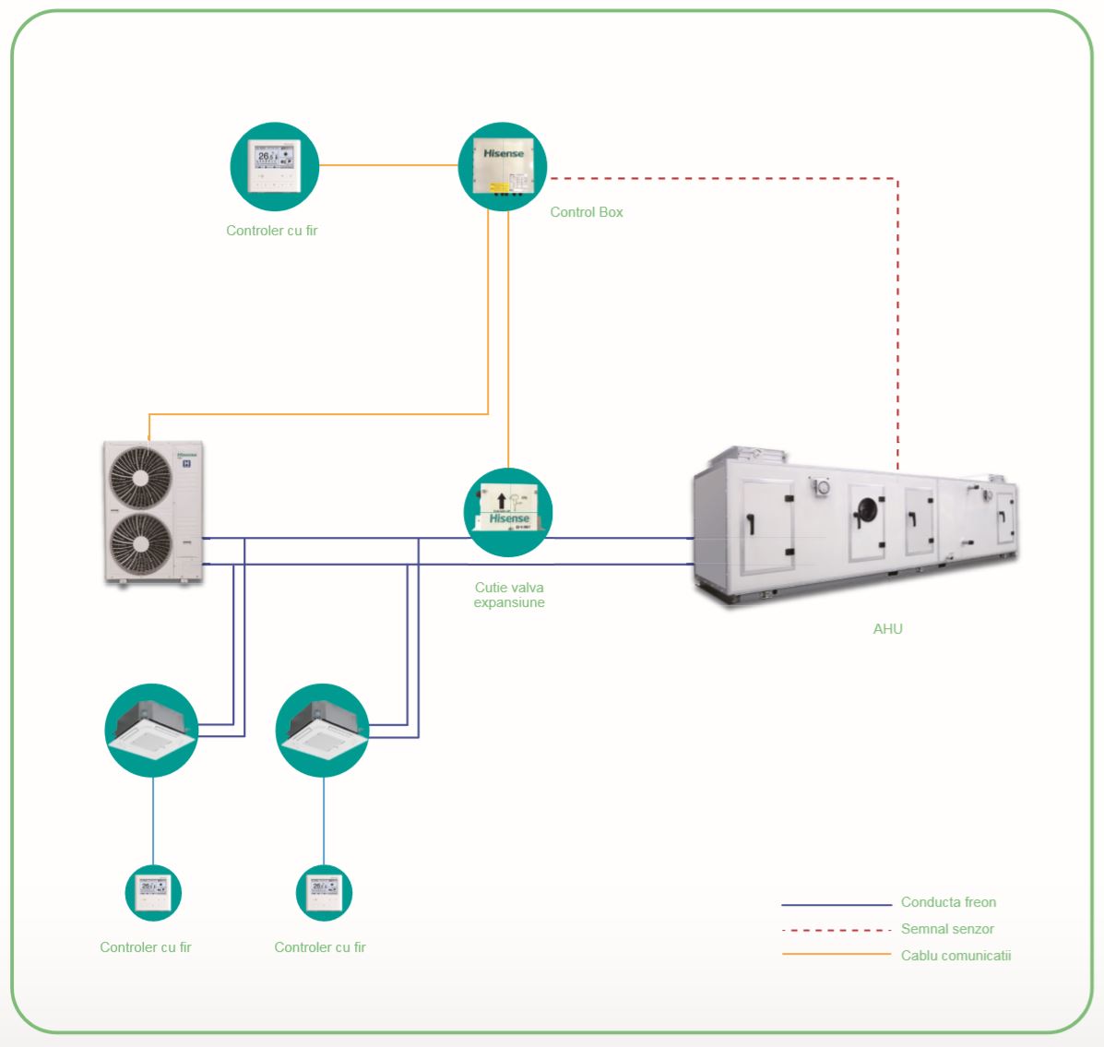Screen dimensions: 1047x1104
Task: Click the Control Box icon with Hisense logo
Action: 503,167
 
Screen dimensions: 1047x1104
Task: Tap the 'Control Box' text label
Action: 587,212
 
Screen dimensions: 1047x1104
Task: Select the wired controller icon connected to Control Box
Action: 274,167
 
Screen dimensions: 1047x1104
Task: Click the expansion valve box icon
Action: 507,512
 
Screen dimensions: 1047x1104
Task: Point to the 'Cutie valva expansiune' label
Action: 509,595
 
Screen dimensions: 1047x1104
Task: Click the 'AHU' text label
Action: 887,629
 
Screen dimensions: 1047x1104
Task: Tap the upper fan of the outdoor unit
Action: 140,477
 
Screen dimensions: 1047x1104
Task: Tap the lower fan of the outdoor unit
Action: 140,544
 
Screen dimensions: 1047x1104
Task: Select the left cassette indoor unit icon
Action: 151,730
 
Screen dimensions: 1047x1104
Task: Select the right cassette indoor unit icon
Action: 323,730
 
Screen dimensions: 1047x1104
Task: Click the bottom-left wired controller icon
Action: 153,892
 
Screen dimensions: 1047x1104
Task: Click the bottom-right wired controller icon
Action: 324,892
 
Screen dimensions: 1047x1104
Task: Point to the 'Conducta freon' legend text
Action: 948,902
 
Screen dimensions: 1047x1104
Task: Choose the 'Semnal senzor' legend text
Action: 947,929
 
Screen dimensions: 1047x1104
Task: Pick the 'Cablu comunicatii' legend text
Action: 956,956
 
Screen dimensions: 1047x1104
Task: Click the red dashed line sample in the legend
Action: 836,930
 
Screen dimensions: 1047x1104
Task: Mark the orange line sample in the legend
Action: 836,954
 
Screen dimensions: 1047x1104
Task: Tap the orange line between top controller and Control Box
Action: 388,166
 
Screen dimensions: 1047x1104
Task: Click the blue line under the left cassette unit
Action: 153,820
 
